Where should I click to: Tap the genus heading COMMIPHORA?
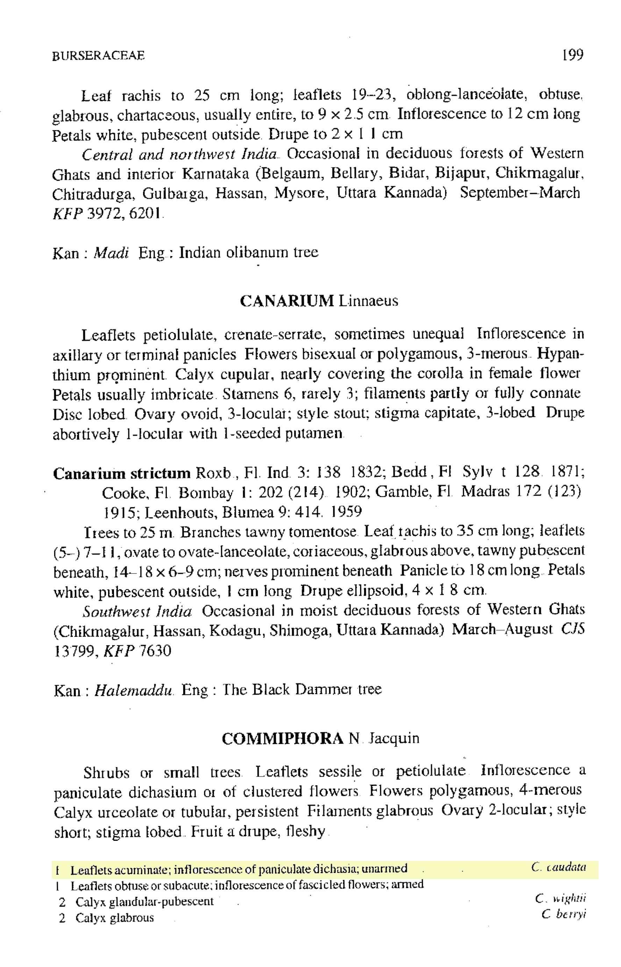[x=282, y=738]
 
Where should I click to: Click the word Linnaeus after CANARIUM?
[x=368, y=301]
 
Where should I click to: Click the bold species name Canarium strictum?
[x=122, y=473]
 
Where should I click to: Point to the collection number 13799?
[x=73, y=652]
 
